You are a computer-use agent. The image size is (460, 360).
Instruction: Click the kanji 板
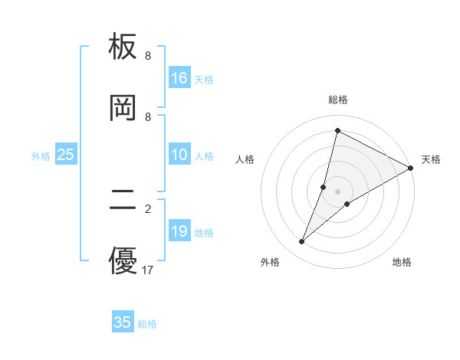click(123, 47)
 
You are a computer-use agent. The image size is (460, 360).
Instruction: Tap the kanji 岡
click(123, 108)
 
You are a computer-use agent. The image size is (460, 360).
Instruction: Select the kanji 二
click(123, 201)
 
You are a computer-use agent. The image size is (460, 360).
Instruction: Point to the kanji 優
click(123, 260)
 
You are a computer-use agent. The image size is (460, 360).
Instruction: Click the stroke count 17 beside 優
click(148, 270)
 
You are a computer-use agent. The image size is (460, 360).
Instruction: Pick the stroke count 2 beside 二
click(148, 208)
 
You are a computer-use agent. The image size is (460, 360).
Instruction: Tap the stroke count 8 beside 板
click(148, 56)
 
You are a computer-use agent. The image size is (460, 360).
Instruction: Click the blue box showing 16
click(179, 78)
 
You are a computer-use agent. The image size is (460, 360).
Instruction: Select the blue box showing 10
click(179, 155)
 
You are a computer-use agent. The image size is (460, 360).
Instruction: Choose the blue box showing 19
click(179, 231)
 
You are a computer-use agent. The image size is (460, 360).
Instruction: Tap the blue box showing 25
click(65, 155)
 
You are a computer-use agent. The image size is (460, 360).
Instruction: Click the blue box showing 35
click(123, 322)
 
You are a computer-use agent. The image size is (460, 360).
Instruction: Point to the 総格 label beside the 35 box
click(148, 324)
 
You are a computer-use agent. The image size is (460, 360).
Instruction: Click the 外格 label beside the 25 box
click(41, 156)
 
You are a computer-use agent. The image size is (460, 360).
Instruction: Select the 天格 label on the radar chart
click(431, 159)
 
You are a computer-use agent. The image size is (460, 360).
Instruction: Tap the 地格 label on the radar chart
click(402, 262)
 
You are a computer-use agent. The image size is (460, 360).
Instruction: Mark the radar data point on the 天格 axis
click(411, 168)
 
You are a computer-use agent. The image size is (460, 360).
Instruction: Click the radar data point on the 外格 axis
click(302, 242)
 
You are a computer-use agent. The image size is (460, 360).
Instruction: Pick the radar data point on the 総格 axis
click(337, 131)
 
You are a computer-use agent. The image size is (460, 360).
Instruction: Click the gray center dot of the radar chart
click(338, 191)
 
